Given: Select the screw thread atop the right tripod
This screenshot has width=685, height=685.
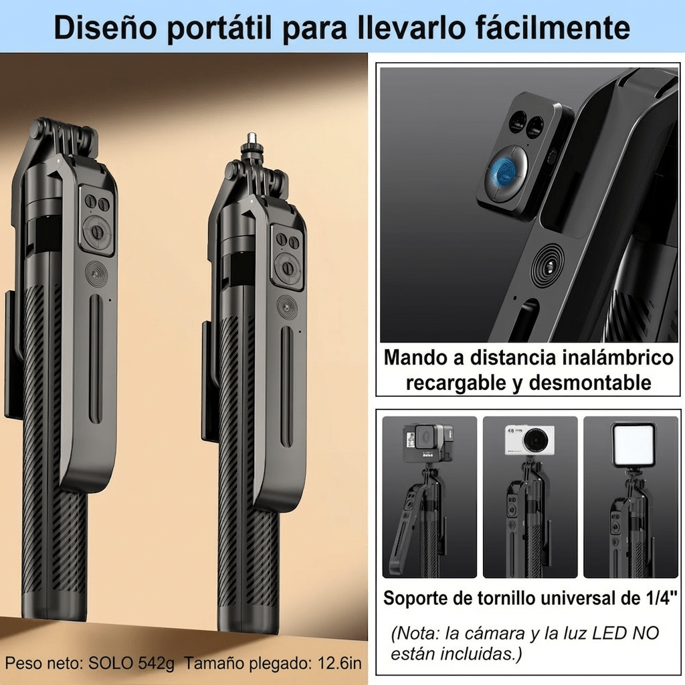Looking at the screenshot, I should pos(253,140).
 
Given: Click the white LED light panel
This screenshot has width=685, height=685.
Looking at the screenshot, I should pos(632,444).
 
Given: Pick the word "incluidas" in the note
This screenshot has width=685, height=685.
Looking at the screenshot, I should pos(478,654).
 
